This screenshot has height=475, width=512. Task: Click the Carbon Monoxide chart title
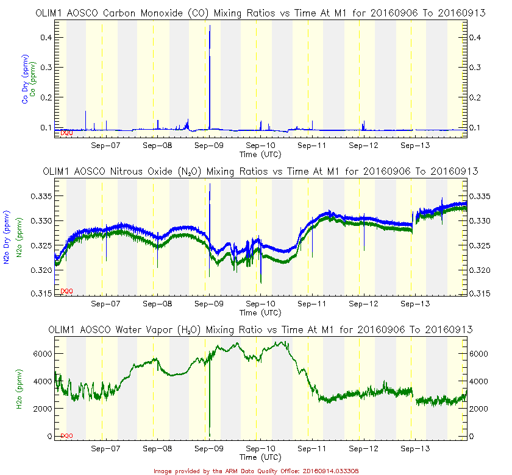point(261,12)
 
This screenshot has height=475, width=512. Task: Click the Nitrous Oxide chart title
point(261,172)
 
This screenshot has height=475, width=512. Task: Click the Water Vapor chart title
point(261,329)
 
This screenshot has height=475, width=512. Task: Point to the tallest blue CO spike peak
point(210,26)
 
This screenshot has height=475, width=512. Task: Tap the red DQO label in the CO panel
point(66,132)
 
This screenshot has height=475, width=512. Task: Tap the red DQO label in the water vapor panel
point(66,436)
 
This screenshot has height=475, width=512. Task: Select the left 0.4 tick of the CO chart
point(44,38)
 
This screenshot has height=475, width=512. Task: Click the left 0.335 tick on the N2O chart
point(40,197)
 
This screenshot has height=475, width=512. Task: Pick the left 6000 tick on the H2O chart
point(41,353)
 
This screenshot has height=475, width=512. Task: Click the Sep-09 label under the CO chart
point(209,146)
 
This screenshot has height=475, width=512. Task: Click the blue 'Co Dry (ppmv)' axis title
point(25,85)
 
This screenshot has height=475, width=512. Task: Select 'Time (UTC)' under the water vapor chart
point(260,457)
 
